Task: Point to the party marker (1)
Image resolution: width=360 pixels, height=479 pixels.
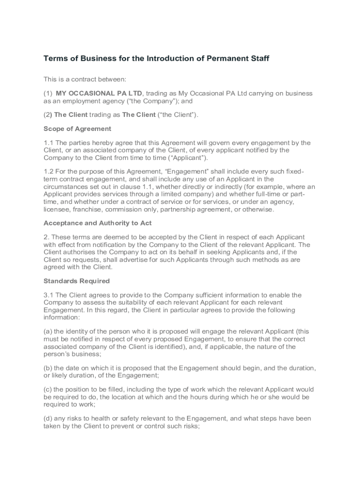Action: [x=48, y=94]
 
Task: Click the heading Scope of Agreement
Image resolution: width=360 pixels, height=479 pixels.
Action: [x=77, y=129]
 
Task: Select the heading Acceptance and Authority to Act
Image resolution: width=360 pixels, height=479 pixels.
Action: [x=97, y=223]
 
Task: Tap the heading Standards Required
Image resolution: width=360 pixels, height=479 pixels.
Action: [x=76, y=281]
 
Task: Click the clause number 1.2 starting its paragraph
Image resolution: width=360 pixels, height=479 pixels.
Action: [x=49, y=172]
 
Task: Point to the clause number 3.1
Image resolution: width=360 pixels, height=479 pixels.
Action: [x=49, y=295]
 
